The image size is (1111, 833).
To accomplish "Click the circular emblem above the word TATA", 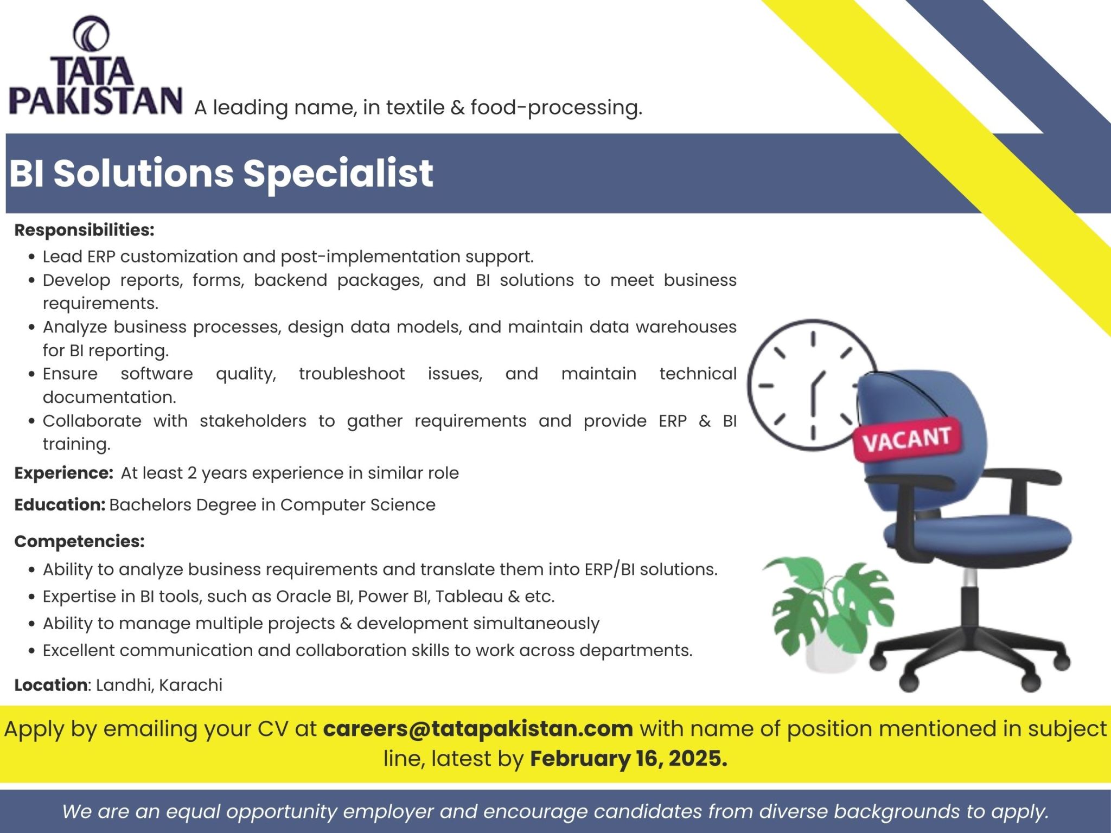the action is [91, 34].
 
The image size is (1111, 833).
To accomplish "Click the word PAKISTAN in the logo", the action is [95, 100].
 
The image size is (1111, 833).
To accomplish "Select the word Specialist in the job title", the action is [338, 174].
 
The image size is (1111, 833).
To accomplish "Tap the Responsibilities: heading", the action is [85, 230].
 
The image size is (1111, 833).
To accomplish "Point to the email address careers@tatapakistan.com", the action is [478, 728].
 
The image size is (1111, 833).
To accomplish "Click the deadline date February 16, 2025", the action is [629, 758].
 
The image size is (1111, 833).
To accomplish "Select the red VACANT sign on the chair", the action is [906, 439].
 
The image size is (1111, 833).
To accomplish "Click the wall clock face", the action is [812, 385].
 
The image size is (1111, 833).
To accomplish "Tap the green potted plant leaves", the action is [827, 607].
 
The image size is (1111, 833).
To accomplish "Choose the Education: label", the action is [60, 505].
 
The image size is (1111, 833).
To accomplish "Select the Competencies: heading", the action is [80, 541].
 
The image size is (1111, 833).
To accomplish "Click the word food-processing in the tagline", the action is [556, 107].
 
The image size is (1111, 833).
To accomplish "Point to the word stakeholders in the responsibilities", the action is [253, 421].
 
